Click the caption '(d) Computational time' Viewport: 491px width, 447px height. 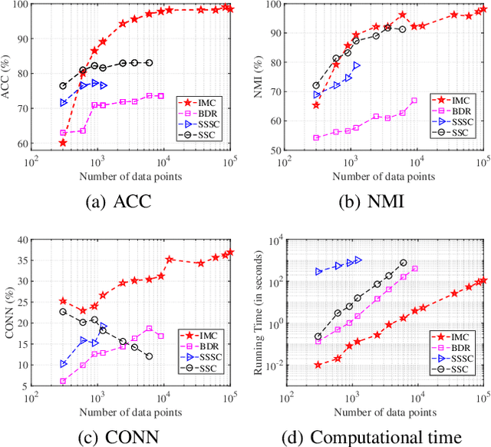click(373, 436)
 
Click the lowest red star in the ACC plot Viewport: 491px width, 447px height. click(63, 143)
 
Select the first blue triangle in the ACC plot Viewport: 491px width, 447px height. click(64, 102)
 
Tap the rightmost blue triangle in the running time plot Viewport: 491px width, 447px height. click(358, 260)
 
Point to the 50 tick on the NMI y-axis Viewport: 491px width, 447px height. click(275, 150)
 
